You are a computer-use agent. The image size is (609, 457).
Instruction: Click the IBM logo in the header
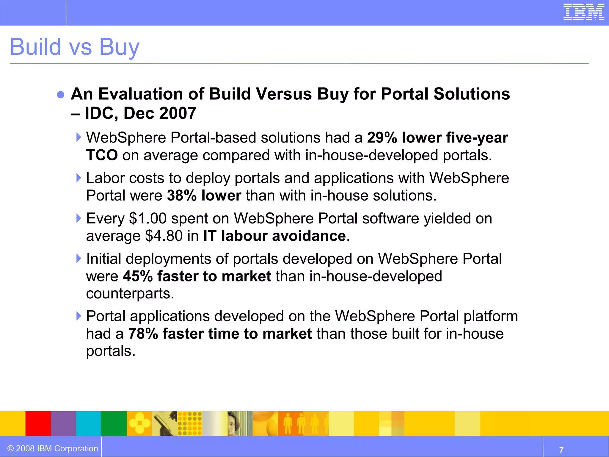pos(583,12)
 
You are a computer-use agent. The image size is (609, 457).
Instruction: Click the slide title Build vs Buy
pos(75,47)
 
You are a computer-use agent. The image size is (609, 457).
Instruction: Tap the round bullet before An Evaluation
pos(61,95)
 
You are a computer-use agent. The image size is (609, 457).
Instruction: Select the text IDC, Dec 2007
pos(140,113)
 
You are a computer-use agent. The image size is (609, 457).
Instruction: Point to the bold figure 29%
pos(382,138)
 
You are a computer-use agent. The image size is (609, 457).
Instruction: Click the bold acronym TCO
pos(102,155)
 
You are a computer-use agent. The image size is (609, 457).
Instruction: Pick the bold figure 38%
pos(182,196)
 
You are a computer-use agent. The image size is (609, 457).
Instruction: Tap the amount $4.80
pos(164,236)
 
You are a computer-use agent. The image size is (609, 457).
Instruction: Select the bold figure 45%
pos(137,276)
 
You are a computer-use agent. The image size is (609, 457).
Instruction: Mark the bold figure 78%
pos(143,334)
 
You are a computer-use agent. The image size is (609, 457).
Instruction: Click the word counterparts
pos(130,294)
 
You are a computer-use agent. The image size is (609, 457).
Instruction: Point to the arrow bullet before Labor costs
pos(79,178)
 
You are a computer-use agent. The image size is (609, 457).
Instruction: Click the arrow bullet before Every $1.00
pos(79,218)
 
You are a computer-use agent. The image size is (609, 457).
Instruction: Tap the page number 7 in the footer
pos(561,450)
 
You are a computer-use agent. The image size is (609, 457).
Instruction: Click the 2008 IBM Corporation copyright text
pos(53,449)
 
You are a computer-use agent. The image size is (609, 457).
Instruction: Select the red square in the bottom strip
pos(38,424)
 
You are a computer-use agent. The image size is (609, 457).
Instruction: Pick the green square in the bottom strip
pos(114,424)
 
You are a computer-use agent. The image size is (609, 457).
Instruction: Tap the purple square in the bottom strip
pos(63,424)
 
